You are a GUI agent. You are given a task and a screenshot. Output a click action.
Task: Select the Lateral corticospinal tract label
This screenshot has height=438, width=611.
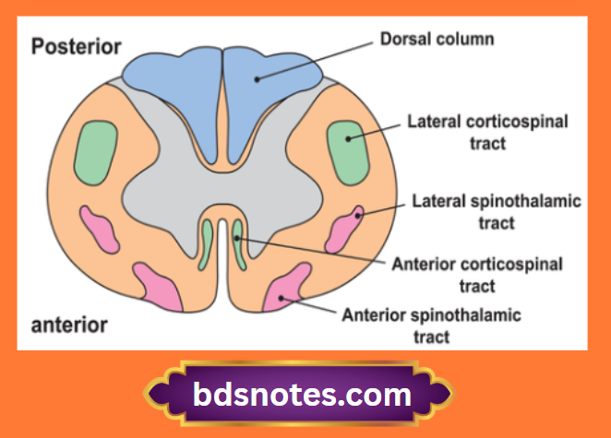(486, 133)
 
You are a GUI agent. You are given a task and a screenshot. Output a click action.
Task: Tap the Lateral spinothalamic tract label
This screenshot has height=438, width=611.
(487, 211)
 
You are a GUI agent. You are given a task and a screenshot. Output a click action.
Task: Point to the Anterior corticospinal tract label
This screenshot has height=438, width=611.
(477, 275)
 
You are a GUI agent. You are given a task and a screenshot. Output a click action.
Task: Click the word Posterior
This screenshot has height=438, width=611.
(78, 48)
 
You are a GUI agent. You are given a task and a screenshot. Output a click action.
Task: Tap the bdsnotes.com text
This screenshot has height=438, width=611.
(302, 396)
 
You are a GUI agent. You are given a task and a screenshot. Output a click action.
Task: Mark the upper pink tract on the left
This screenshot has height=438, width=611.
(100, 229)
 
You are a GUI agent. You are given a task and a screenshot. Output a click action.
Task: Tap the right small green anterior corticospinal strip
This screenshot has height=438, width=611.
(238, 243)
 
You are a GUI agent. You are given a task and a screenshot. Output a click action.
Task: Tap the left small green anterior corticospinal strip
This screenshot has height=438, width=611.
(207, 243)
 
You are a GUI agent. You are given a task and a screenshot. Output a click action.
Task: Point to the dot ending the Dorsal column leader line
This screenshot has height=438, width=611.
(258, 79)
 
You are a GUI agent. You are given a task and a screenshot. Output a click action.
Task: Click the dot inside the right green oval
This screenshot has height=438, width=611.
(349, 139)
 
